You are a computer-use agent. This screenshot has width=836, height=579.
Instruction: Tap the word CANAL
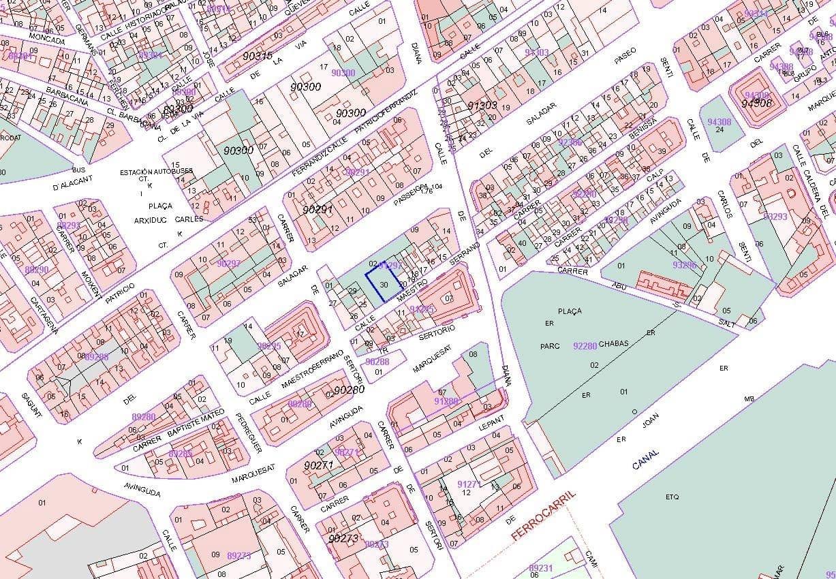pos(645,460)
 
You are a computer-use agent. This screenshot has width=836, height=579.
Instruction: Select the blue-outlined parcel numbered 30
pos(384,285)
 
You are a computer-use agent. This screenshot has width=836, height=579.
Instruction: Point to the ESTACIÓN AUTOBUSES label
pos(156,172)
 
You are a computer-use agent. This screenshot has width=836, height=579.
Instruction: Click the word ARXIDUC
pos(150,220)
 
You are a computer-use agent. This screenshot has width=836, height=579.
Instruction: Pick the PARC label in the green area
pos(550,346)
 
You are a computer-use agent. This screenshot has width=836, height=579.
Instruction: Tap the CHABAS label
pos(614,344)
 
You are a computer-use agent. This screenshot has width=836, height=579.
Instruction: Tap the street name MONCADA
pos(47,41)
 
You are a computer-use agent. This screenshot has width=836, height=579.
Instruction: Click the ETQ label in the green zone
pos(672,497)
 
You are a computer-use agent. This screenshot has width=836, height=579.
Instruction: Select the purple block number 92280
pos(585,346)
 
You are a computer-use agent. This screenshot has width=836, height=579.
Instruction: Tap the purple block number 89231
pos(541,567)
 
